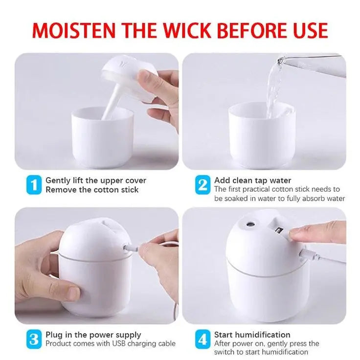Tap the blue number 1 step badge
(33, 185)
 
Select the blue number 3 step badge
(33, 339)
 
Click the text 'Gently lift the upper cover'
(96, 180)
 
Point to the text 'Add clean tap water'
(252, 180)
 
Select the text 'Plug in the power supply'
(93, 335)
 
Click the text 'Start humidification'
(252, 335)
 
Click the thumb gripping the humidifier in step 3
(64, 292)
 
